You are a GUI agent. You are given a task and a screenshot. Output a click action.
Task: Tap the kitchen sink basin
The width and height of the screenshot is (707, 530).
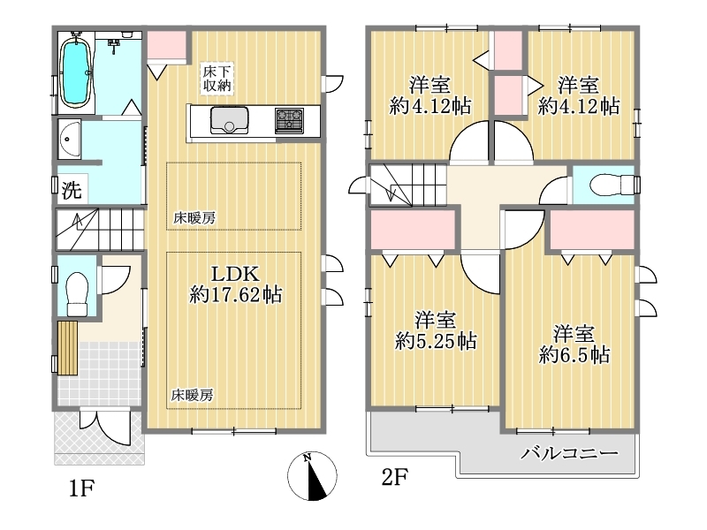(x=229, y=120)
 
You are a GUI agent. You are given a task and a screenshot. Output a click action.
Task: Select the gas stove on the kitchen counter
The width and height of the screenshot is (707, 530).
(x=290, y=121)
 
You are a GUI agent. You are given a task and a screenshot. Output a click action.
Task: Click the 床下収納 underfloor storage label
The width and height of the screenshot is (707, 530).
(x=217, y=79)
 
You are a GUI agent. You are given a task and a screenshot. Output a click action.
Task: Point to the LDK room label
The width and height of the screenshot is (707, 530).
(x=235, y=274)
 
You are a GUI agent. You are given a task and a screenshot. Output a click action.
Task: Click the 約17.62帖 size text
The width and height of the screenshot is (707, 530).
(x=235, y=295)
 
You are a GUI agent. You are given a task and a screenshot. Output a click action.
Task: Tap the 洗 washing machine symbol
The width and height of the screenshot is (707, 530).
(x=72, y=190)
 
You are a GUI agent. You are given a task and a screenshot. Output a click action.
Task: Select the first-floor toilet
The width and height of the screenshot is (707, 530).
(x=77, y=293)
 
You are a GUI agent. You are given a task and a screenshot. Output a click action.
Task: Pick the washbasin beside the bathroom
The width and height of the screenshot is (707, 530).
(x=69, y=140)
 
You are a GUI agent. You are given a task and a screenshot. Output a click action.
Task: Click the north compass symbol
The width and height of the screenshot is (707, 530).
(x=312, y=476)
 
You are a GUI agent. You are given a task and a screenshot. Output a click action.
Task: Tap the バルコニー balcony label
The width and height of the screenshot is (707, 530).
(x=569, y=453)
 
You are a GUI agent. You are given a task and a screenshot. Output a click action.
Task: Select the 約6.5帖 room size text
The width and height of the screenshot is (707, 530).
(x=574, y=355)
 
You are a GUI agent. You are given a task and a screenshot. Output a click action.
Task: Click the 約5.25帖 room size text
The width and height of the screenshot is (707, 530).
(x=436, y=341)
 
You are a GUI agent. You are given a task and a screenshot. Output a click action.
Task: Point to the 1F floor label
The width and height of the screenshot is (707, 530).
(x=81, y=488)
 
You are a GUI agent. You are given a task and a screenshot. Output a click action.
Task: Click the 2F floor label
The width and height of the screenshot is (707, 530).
(x=394, y=477)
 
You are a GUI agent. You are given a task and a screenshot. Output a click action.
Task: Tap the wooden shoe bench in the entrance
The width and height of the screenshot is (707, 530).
(x=68, y=347)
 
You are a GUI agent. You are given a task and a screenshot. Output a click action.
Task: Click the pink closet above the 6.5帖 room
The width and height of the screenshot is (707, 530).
(x=592, y=230)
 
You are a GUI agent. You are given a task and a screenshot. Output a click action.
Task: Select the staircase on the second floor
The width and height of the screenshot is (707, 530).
(x=408, y=185)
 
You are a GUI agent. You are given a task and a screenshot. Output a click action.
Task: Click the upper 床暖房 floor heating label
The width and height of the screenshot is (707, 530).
(x=194, y=218)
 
